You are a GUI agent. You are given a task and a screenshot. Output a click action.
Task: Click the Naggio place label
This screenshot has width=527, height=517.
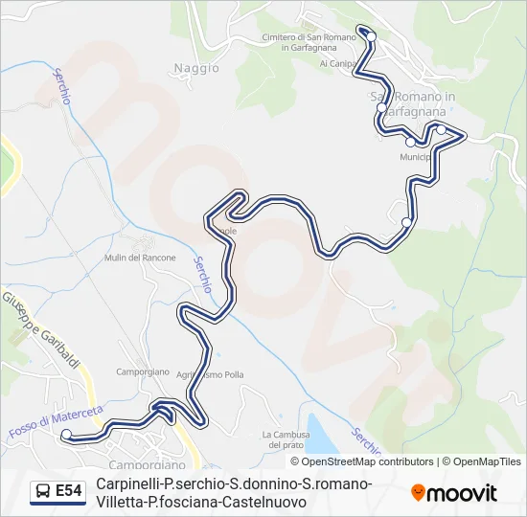coord(191,67)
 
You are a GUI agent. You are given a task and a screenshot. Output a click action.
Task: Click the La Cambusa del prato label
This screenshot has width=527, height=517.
coord(286,439)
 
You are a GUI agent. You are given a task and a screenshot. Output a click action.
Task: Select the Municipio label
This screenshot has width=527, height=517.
coord(418,156)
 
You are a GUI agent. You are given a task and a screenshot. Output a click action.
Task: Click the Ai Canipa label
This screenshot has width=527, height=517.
coord(337,64)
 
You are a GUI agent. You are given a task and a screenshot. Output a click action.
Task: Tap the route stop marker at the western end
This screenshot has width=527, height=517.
coord(66,436)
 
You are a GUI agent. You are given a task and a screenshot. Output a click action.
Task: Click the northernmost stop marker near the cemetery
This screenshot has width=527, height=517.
coord(371,36)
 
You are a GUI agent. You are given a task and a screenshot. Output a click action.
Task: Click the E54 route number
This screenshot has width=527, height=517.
coord(68,492)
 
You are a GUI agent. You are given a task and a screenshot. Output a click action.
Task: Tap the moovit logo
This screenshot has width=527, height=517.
coord(454,493)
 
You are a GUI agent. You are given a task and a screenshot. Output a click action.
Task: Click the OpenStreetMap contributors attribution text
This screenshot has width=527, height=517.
coord(355,461)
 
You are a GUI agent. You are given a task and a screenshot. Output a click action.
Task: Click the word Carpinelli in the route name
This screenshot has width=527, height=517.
coord(127,484)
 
